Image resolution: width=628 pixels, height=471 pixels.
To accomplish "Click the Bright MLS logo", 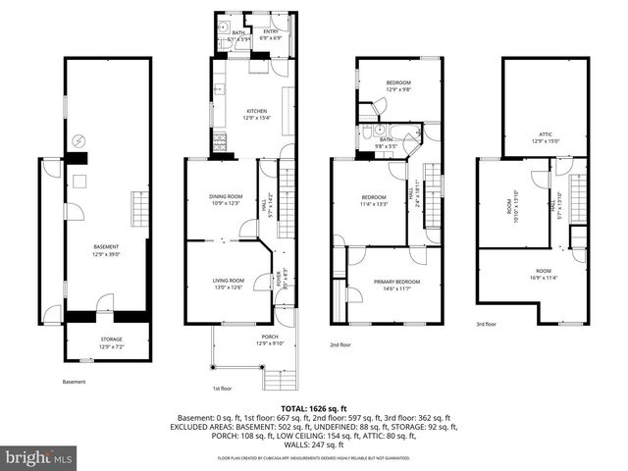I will [40, 457].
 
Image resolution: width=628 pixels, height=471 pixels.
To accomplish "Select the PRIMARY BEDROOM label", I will [396, 284].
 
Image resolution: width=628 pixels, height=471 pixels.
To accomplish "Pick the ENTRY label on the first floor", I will [271, 33].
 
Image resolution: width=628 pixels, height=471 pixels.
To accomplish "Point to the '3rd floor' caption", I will [487, 324].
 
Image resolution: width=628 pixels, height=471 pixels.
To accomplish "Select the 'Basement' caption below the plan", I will [75, 382].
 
